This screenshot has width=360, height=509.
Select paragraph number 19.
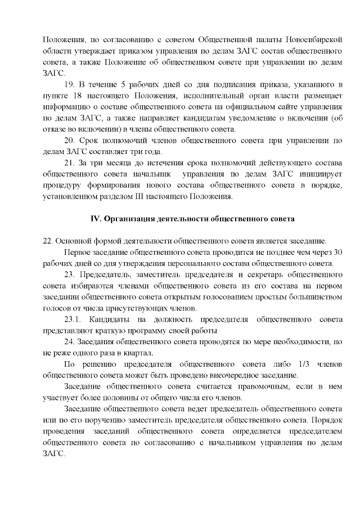70,84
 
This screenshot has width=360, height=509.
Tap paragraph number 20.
70,140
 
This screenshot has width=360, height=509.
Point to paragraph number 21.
70,163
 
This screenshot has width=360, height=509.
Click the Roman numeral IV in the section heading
95,218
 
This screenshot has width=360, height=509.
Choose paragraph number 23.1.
74,319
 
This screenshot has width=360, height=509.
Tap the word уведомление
257,118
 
